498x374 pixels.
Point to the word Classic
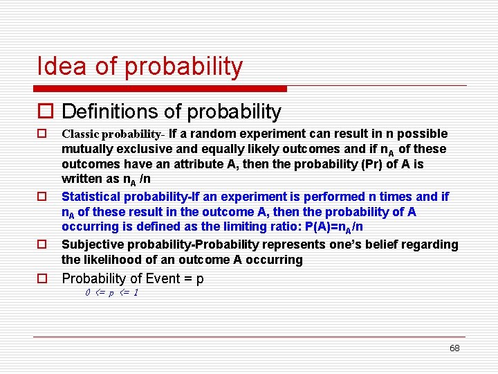(80, 134)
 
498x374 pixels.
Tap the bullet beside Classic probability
(42, 133)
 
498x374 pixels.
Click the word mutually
(85, 149)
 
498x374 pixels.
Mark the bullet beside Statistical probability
(42, 197)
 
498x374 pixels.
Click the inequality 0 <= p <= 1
(111, 293)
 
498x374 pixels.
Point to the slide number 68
(454, 348)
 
